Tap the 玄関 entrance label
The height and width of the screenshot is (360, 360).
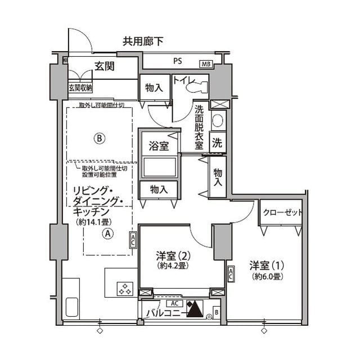coord(105,66)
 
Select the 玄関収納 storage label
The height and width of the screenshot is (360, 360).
coord(80,88)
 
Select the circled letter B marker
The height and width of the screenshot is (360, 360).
coord(99,137)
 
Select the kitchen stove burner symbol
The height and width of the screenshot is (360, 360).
coord(124,290)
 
